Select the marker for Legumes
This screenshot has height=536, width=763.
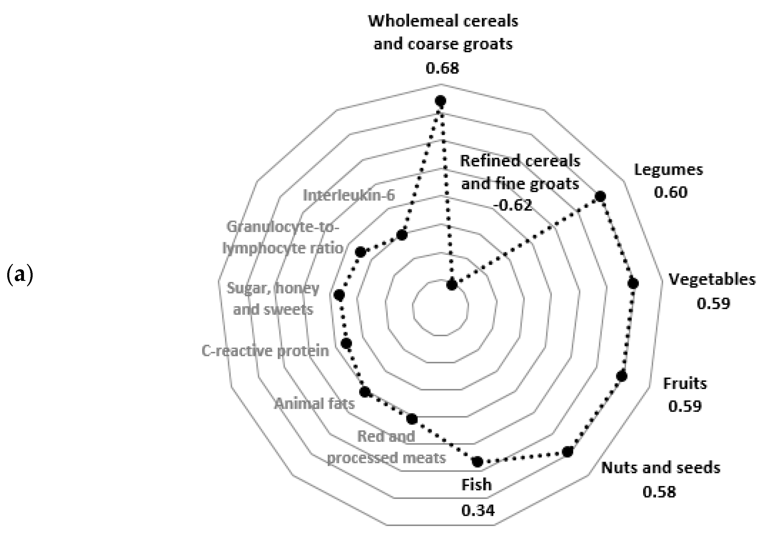(600, 196)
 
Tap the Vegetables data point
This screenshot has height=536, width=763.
(633, 283)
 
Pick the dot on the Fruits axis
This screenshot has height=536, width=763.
(622, 376)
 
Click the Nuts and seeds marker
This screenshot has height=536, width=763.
(568, 452)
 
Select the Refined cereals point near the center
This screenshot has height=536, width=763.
(452, 285)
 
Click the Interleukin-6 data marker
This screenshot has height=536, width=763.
(402, 235)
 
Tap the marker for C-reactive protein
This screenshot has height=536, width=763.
(347, 344)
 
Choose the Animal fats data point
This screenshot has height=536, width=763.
(365, 392)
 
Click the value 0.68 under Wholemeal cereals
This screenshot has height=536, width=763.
(442, 68)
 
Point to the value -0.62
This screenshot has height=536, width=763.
(513, 205)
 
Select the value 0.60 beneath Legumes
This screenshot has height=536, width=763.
(671, 192)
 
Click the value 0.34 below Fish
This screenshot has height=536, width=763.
(478, 510)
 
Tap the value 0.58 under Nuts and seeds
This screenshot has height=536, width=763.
(659, 492)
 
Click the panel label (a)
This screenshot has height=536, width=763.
(20, 275)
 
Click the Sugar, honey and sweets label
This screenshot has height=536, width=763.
(273, 298)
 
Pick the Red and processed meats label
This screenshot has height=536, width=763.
(387, 447)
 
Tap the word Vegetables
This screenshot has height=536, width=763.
(712, 279)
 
